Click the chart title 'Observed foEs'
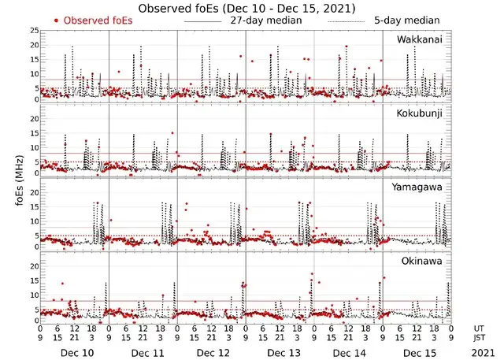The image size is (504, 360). coord(246,8)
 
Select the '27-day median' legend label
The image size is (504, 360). coord(263,20)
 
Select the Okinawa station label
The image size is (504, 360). coord(423,261)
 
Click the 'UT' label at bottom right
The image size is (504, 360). coord(479,328)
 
